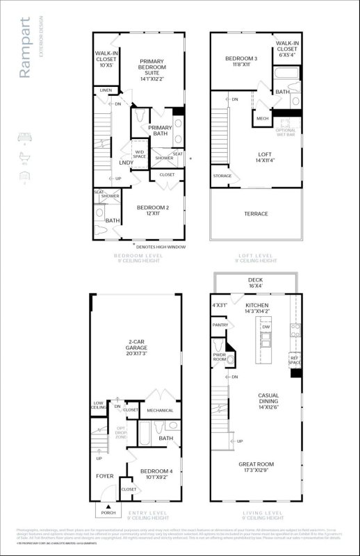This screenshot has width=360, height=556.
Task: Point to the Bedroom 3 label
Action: tap(241, 61)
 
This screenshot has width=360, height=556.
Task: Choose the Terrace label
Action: tap(256, 213)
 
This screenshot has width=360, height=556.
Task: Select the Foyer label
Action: tap(105, 476)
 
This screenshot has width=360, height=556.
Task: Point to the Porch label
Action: tap(108, 513)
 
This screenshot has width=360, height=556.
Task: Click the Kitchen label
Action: tap(256, 308)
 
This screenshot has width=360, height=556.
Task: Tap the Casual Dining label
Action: tap(268, 399)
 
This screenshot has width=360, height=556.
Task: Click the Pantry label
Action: tap(220, 325)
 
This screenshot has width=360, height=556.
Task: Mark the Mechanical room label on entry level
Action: tap(160, 411)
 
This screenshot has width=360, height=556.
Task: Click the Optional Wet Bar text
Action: tap(286, 132)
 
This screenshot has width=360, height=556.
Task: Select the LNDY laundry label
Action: tap(126, 163)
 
